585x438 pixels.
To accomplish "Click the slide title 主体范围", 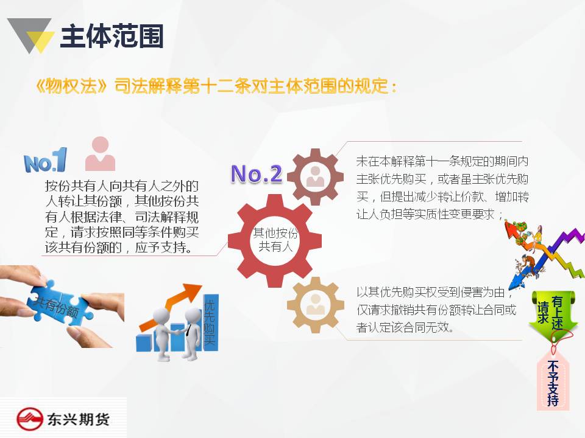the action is (112, 36).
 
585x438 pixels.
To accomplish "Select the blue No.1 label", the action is (45, 160).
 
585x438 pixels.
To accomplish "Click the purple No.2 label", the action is (257, 173).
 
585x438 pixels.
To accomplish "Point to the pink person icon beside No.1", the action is (100, 153).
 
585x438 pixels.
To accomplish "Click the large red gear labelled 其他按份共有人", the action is (275, 241).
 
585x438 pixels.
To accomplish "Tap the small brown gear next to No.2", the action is (315, 177).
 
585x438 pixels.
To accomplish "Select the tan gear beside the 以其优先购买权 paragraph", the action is (315, 305).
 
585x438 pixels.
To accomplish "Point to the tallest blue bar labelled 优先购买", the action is (210, 322).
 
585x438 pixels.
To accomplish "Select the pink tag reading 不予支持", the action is (553, 381).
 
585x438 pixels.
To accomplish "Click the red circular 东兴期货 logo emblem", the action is (30, 419).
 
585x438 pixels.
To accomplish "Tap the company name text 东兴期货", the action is (78, 419).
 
